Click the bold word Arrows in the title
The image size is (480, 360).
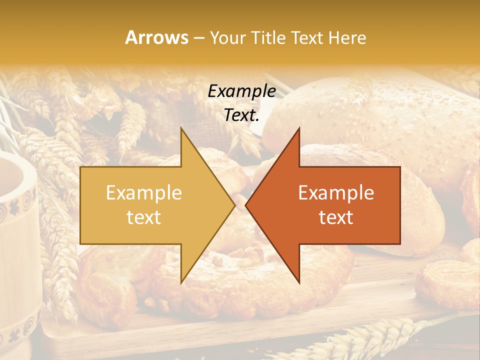(x=156, y=37)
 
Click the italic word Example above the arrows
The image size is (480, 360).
(x=241, y=91)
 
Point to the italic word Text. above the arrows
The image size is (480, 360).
(x=241, y=115)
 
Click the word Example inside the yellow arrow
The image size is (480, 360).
(x=144, y=193)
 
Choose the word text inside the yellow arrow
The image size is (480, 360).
(x=144, y=217)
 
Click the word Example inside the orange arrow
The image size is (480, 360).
(x=336, y=193)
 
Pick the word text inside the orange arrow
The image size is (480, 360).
(x=336, y=217)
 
